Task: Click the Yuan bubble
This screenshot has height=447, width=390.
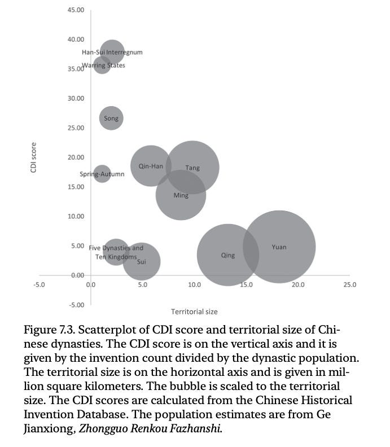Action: pyautogui.click(x=279, y=247)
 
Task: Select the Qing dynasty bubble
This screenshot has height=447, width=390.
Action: pyautogui.click(x=227, y=255)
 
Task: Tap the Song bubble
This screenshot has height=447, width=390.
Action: pyautogui.click(x=111, y=118)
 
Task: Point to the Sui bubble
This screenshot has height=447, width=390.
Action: pyautogui.click(x=142, y=261)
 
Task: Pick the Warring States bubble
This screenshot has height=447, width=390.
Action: pyautogui.click(x=102, y=65)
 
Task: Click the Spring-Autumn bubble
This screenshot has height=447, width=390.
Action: pyautogui.click(x=102, y=174)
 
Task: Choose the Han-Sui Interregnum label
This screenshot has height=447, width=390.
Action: pyautogui.click(x=112, y=52)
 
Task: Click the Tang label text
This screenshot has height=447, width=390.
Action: pyautogui.click(x=192, y=168)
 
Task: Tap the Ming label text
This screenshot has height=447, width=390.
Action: pyautogui.click(x=181, y=196)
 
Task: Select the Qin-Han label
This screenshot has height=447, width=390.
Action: pyautogui.click(x=151, y=166)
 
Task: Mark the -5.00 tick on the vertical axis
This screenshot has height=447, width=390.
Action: pyautogui.click(x=75, y=305)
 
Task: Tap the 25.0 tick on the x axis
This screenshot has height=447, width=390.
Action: pyautogui.click(x=349, y=284)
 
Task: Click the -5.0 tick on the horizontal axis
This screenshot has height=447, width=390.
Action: pyautogui.click(x=39, y=284)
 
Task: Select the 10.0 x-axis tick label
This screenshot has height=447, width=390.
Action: pyautogui.click(x=194, y=284)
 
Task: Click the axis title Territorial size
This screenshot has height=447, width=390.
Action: pyautogui.click(x=194, y=312)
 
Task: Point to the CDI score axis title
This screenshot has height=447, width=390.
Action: pyautogui.click(x=34, y=157)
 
